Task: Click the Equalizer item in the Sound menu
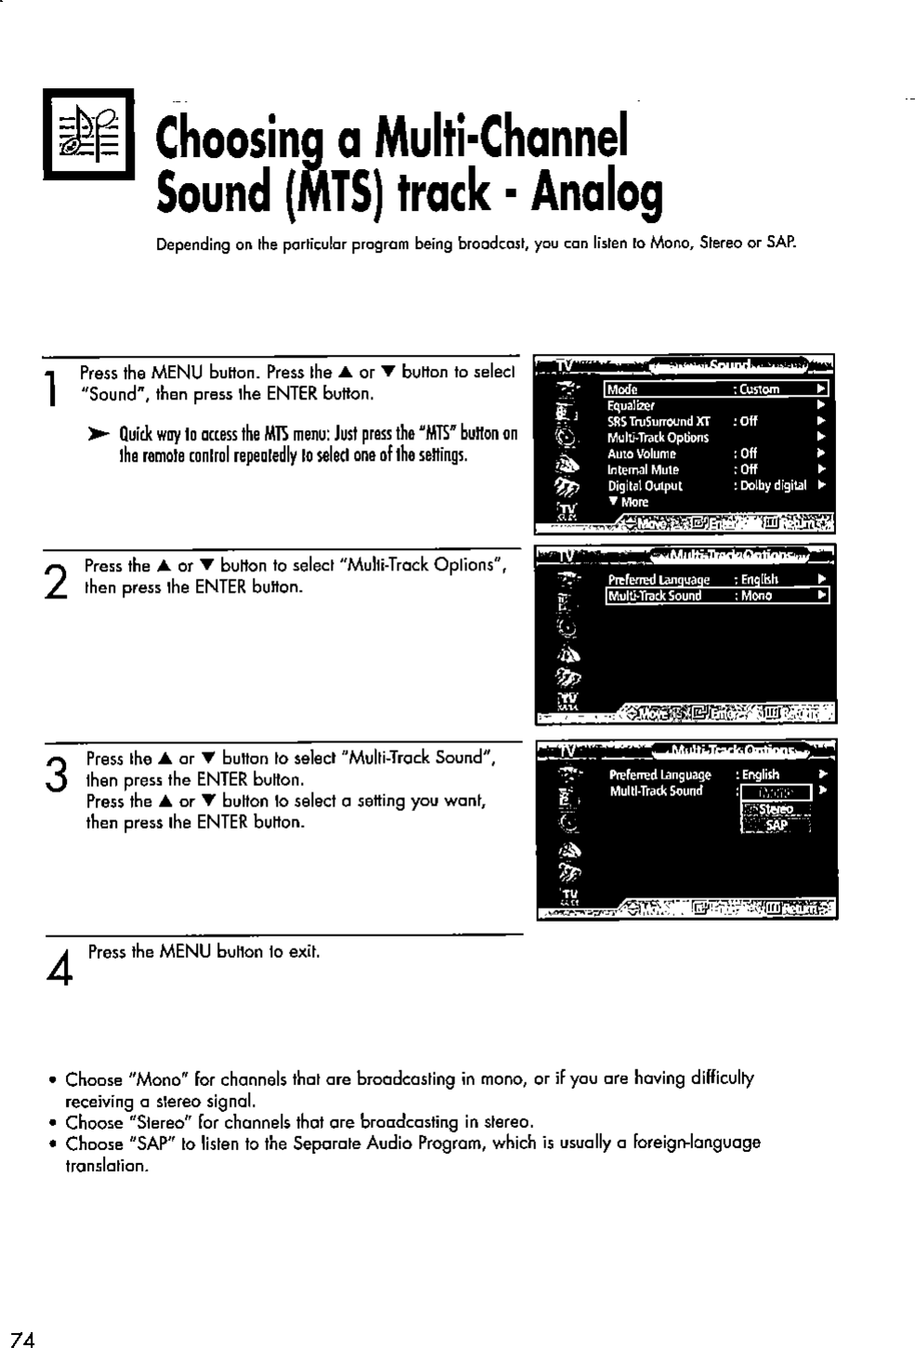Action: point(631,405)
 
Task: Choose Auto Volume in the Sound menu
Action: point(641,453)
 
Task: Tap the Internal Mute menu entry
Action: point(643,469)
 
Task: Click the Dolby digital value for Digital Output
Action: point(771,486)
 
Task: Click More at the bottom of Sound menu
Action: point(629,502)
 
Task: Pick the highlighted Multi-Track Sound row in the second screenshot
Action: point(715,596)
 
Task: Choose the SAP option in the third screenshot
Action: point(775,826)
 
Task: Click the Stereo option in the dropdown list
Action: point(775,809)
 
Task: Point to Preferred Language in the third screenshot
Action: point(660,775)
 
